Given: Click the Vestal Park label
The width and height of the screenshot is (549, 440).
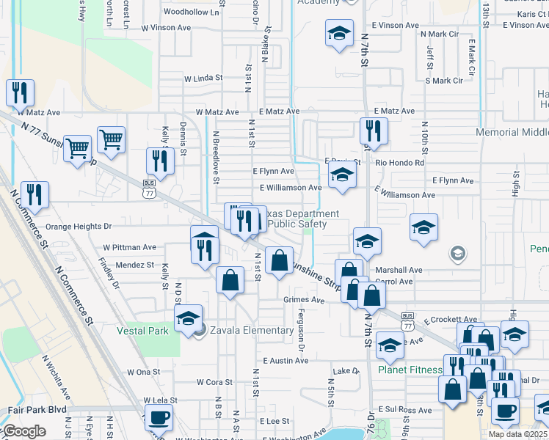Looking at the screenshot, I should pyautogui.click(x=143, y=331).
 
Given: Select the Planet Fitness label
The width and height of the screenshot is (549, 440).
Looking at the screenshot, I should pyautogui.click(x=410, y=370).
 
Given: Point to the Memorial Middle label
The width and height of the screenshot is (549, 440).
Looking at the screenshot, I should pyautogui.click(x=512, y=132).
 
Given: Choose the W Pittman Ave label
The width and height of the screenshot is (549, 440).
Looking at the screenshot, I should pyautogui.click(x=130, y=248).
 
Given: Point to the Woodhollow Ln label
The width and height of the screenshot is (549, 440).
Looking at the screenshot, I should pyautogui.click(x=192, y=12).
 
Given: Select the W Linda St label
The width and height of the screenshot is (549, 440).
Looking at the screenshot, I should pyautogui.click(x=203, y=78).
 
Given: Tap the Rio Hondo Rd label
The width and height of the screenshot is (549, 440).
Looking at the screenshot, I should pyautogui.click(x=399, y=162).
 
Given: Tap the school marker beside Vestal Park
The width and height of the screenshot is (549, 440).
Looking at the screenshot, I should pyautogui.click(x=189, y=318).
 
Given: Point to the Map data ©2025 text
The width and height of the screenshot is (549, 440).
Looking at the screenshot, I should pyautogui.click(x=517, y=434).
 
